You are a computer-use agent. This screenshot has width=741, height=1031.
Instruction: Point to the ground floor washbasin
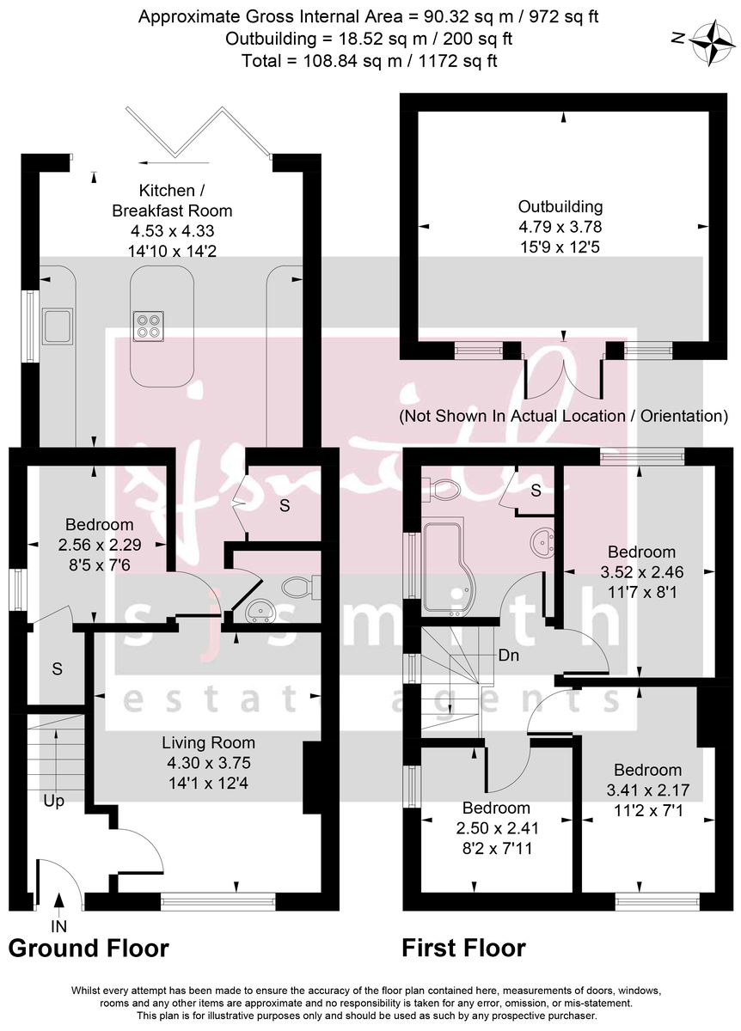(x=259, y=611)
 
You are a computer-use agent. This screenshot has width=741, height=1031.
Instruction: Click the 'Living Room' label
(x=209, y=742)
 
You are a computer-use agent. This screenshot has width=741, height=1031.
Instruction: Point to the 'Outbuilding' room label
(x=560, y=206)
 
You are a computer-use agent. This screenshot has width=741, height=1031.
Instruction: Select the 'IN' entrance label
(x=58, y=926)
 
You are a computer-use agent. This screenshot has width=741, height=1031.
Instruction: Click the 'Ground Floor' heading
(x=89, y=949)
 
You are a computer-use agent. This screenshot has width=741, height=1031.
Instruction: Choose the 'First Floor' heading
(x=464, y=949)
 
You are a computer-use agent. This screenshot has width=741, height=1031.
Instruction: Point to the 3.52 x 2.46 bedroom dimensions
(x=641, y=572)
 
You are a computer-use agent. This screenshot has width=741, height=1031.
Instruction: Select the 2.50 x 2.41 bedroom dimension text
(x=497, y=829)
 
